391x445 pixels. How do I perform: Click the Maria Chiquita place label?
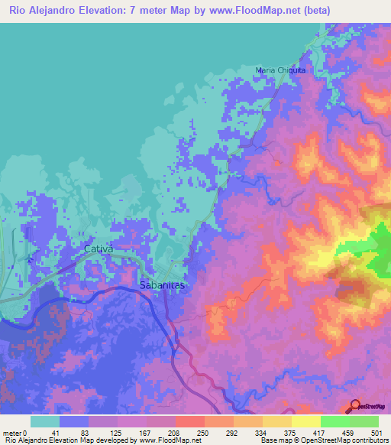(280, 70)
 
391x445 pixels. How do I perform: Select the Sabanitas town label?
(163, 284)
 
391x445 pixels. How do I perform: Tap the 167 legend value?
(146, 434)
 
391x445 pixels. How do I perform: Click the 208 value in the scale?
(175, 434)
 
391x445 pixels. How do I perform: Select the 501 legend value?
(376, 434)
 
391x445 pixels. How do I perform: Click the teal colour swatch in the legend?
(45, 421)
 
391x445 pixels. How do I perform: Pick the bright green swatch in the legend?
(335, 421)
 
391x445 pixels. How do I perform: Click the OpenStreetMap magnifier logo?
(354, 405)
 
